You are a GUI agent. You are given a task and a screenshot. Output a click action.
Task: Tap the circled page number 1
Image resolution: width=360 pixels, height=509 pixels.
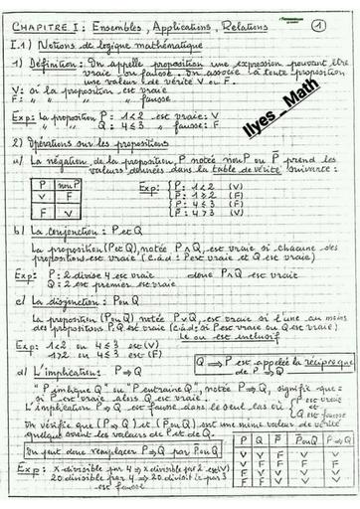click(317, 26)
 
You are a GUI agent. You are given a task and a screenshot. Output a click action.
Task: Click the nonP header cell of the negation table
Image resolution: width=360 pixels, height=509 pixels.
click(71, 184)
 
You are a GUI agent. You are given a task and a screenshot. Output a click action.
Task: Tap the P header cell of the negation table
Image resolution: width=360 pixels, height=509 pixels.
click(43, 184)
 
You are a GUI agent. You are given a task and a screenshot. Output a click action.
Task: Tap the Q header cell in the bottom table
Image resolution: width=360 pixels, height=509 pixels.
click(262, 438)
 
